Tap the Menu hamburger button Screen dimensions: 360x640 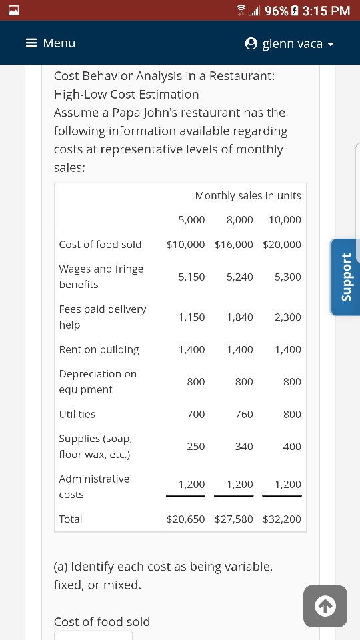pyautogui.click(x=50, y=43)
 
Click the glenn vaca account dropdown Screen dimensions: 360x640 pyautogui.click(x=289, y=44)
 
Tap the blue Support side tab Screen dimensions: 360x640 pyautogui.click(x=345, y=276)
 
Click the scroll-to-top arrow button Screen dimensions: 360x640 pyautogui.click(x=325, y=606)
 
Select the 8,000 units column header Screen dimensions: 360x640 pyautogui.click(x=240, y=219)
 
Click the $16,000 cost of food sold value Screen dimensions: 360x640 pyautogui.click(x=234, y=244)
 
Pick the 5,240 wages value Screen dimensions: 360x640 pyautogui.click(x=240, y=277)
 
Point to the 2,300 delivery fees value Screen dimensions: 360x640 pyautogui.click(x=288, y=317)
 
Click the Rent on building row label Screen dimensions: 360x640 pyautogui.click(x=99, y=349)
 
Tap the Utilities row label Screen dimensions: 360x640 pyautogui.click(x=77, y=414)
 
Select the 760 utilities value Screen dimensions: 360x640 pyautogui.click(x=244, y=414)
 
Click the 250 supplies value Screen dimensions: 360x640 pyautogui.click(x=196, y=446)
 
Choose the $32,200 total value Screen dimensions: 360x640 pyautogui.click(x=282, y=519)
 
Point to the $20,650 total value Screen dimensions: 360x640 pyautogui.click(x=186, y=519)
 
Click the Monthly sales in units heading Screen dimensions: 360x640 pyautogui.click(x=248, y=195)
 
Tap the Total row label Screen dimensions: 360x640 pyautogui.click(x=71, y=519)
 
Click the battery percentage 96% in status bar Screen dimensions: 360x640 pyautogui.click(x=277, y=10)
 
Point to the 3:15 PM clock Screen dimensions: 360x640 pyautogui.click(x=326, y=10)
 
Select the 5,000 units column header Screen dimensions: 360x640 pyautogui.click(x=192, y=219)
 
